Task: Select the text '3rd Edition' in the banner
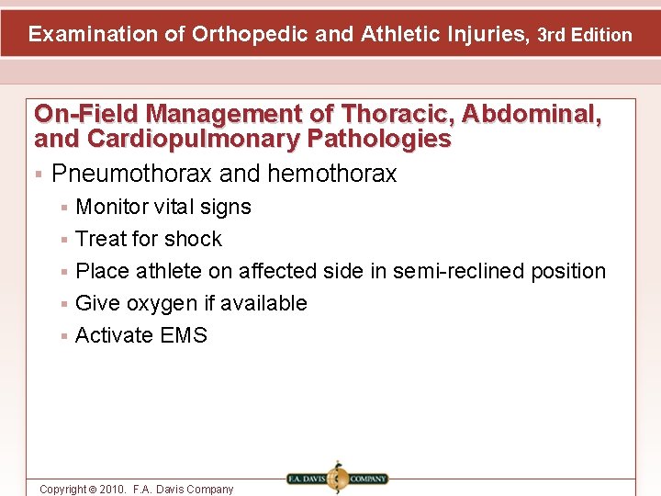pos(585,36)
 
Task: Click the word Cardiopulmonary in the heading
pos(182,140)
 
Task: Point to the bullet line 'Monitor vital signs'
pos(162,208)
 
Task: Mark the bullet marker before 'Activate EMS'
pos(63,336)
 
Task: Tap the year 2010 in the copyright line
pos(110,490)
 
